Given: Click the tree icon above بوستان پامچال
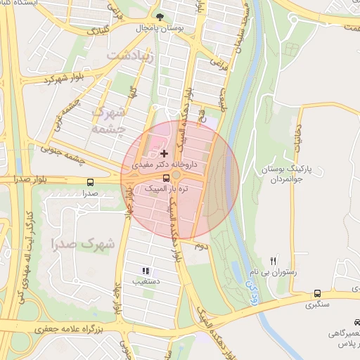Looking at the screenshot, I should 161,17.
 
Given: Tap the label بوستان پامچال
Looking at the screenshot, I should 161,28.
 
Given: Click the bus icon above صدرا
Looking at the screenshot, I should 89,181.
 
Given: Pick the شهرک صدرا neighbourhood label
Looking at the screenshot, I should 82,244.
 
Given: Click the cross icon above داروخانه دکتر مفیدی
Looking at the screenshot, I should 164,153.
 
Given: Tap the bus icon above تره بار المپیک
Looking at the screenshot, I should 166,178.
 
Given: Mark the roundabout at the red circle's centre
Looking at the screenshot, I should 178,176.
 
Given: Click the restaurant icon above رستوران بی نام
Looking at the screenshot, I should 275,260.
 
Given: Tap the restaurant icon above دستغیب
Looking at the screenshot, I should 146,270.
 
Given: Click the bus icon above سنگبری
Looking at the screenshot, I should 317,294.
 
